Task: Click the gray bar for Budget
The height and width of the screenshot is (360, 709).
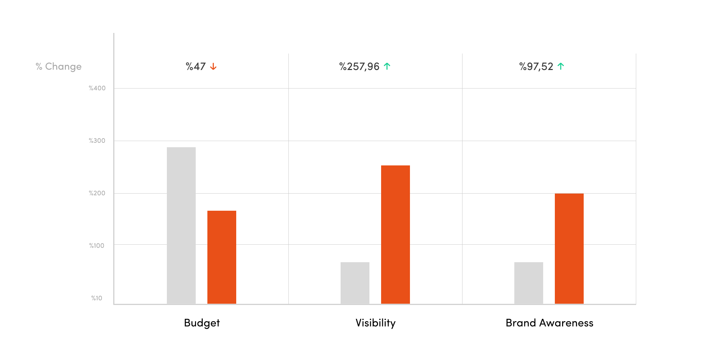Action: pyautogui.click(x=181, y=225)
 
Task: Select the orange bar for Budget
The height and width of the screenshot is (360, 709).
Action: pyautogui.click(x=222, y=257)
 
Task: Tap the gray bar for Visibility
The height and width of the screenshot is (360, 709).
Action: pyautogui.click(x=355, y=283)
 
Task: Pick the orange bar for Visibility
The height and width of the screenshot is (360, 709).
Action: pyautogui.click(x=396, y=234)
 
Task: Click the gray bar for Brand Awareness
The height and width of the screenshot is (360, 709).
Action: pyautogui.click(x=529, y=283)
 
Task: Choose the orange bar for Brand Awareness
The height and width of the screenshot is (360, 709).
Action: pyautogui.click(x=569, y=248)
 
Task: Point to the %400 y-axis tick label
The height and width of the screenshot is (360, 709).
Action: pyautogui.click(x=97, y=88)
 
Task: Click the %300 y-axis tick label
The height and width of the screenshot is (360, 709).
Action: pyautogui.click(x=97, y=141)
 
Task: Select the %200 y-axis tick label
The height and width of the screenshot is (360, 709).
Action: pyautogui.click(x=97, y=193)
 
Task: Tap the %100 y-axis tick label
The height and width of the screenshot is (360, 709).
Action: pyautogui.click(x=97, y=246)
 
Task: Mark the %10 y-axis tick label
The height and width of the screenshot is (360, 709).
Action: pyautogui.click(x=97, y=298)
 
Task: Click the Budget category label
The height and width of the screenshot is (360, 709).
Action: pyautogui.click(x=202, y=323)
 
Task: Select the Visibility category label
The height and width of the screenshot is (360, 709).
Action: pyautogui.click(x=376, y=323)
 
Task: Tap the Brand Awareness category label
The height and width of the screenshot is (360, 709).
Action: pyautogui.click(x=549, y=323)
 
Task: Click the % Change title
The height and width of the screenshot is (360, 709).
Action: pyautogui.click(x=59, y=67)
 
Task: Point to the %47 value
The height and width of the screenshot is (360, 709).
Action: pyautogui.click(x=196, y=67)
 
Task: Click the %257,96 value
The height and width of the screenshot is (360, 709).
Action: pyautogui.click(x=359, y=67)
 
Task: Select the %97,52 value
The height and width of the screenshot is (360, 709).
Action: pyautogui.click(x=536, y=67)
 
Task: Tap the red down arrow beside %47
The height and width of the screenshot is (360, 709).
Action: pyautogui.click(x=213, y=67)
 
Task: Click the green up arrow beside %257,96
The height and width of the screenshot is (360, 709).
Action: pyautogui.click(x=387, y=67)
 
